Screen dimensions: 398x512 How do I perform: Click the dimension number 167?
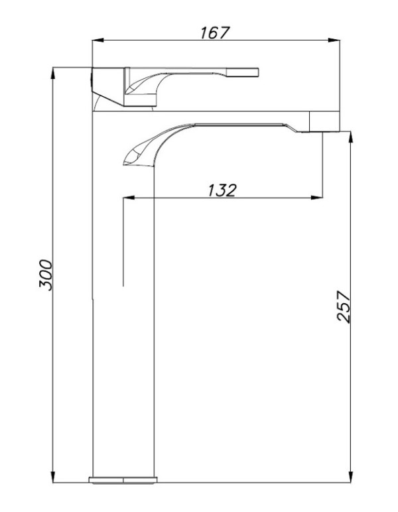point(215,32)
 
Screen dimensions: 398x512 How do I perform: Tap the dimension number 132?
point(222,190)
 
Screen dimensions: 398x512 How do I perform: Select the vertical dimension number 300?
point(45,275)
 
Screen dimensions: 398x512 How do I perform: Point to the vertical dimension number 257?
point(343,306)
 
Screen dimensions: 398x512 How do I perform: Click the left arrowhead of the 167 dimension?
point(98,40)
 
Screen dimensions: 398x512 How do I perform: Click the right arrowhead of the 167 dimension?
point(334,40)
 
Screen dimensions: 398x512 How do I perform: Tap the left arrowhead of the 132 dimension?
point(129,198)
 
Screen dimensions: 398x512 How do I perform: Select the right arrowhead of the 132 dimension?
point(316,198)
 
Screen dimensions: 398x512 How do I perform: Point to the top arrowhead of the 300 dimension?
point(53,73)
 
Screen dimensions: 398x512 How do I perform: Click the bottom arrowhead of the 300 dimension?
point(53,476)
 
